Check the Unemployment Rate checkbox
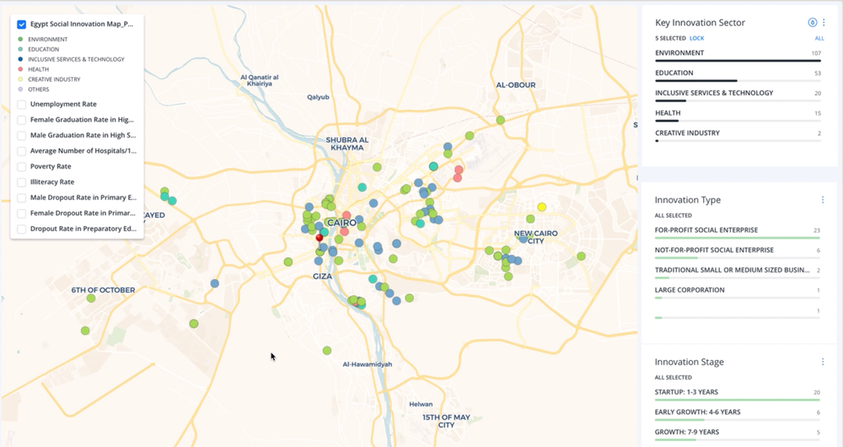pos(21,105)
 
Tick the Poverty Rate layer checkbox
pos(21,167)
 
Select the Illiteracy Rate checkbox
pos(21,182)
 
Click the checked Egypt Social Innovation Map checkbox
pos(22,25)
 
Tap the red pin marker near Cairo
pos(319,240)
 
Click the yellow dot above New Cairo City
pos(542,207)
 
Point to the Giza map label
pos(322,277)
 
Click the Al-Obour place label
pos(516,85)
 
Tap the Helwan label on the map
pos(421,404)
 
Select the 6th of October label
pos(103,290)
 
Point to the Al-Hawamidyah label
pos(368,364)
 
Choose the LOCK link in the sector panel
pos(696,39)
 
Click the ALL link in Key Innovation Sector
pos(819,39)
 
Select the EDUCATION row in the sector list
pos(674,73)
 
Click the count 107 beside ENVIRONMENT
pos(815,53)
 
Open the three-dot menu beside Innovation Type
pos(823,200)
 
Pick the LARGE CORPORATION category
pos(690,290)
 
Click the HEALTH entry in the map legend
pos(39,69)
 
